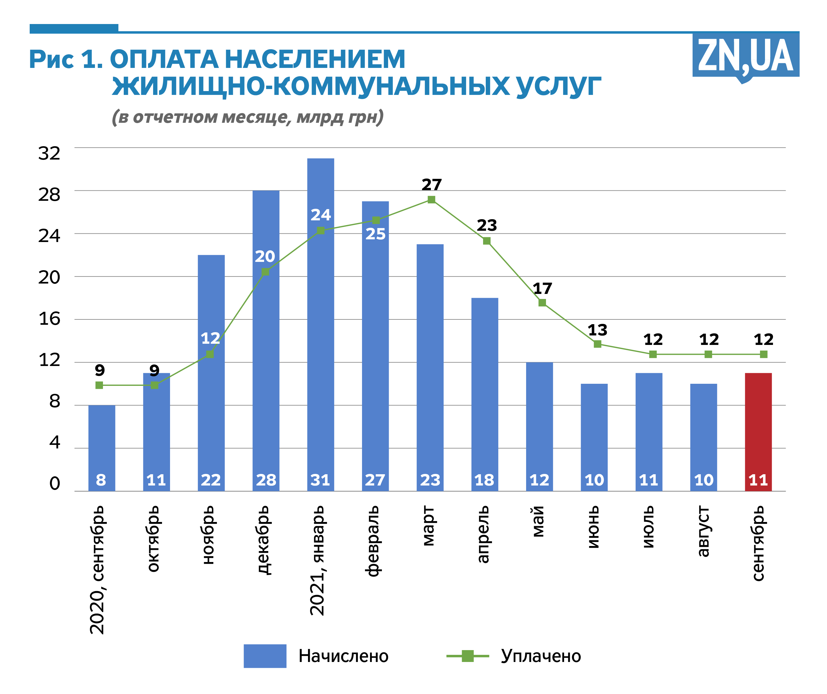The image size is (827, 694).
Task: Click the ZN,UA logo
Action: coord(745,55)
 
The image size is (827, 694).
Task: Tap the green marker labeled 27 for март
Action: coord(431,200)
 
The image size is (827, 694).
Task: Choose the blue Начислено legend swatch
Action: coord(265,656)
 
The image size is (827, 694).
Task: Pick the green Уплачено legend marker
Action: coord(467,656)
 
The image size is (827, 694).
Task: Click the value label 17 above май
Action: coord(542,289)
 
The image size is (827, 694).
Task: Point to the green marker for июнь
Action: coord(597,344)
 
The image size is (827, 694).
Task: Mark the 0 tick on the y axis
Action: coord(55,483)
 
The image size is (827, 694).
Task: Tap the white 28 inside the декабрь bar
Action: coord(266,480)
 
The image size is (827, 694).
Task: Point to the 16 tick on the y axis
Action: coord(49,319)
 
